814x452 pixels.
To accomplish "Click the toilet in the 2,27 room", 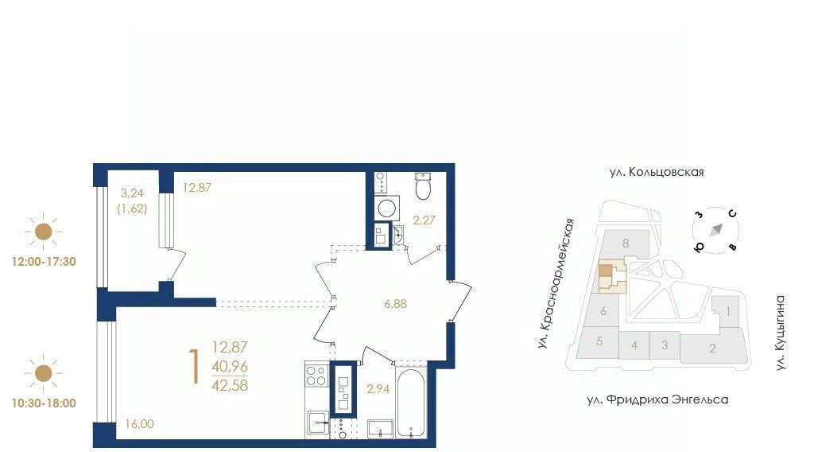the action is (423, 186).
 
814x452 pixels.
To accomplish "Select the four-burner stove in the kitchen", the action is (316, 376).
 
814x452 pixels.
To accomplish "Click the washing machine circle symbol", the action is (387, 208).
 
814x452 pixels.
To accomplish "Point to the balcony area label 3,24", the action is (132, 193).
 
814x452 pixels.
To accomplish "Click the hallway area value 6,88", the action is (395, 304).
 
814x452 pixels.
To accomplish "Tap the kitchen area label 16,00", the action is (139, 424).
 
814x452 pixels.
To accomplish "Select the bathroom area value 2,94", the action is (378, 388).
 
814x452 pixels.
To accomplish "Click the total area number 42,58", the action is (230, 385).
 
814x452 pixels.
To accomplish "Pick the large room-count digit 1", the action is (195, 367).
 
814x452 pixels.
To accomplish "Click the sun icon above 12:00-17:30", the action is (44, 232).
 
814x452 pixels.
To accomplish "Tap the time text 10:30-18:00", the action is (44, 403).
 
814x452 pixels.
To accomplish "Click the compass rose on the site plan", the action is (716, 230).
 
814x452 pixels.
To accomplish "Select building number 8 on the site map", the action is (626, 244).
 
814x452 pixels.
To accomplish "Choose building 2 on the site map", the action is (712, 348).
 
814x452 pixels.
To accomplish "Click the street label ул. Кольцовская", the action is (656, 172).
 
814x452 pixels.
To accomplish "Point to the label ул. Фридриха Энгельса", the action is (657, 399).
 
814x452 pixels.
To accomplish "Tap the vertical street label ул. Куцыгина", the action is (781, 333).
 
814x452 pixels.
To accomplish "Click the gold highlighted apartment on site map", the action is (605, 271).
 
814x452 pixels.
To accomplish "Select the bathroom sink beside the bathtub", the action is (381, 429).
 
